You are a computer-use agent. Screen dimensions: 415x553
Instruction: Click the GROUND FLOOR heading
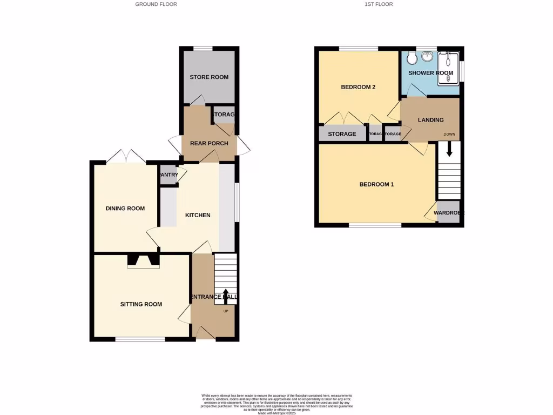click(156, 4)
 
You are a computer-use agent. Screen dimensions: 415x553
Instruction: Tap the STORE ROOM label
click(209, 77)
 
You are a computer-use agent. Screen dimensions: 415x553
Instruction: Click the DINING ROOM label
click(125, 209)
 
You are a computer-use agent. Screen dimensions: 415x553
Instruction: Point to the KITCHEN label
click(198, 215)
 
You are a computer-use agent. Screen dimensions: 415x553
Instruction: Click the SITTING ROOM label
click(141, 304)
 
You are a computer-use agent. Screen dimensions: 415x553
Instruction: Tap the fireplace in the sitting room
click(144, 262)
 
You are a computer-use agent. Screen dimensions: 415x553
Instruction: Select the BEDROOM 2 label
click(358, 87)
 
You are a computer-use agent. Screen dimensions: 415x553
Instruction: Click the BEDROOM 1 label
click(376, 184)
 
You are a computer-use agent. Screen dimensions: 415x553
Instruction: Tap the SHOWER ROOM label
click(430, 73)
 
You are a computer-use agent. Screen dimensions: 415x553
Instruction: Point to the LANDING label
click(430, 120)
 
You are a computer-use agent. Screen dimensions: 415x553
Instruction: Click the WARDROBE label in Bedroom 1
click(449, 213)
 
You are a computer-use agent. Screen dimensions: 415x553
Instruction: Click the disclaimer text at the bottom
click(276, 404)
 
